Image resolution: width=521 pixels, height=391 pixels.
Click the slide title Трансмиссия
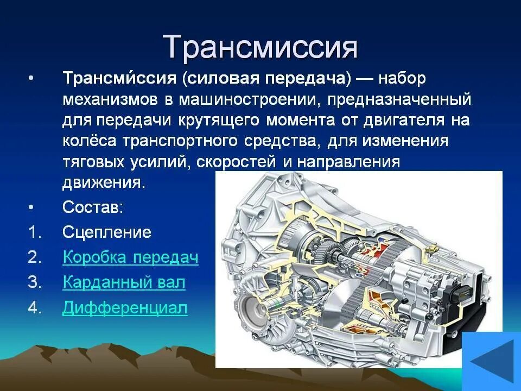click(260, 48)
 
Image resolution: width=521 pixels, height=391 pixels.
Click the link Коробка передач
click(131, 257)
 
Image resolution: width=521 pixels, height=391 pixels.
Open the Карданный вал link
click(124, 282)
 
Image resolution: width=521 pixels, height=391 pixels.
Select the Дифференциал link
click(125, 308)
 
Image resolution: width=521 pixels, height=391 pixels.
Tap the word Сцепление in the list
click(106, 232)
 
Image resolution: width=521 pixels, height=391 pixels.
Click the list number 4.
click(34, 308)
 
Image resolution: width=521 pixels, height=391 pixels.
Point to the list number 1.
click(34, 232)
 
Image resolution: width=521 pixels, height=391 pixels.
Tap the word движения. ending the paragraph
click(104, 182)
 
